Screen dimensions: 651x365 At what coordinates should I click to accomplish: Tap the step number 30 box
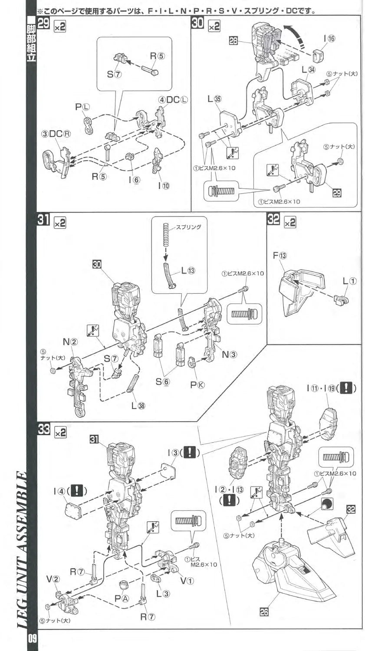coord(197,25)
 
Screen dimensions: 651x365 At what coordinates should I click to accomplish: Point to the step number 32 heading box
coord(273,220)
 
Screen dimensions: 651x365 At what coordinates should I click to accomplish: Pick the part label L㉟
coord(214,99)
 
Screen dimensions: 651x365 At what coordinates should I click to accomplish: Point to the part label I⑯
coord(329,39)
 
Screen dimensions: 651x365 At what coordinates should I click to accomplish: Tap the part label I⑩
coord(164,185)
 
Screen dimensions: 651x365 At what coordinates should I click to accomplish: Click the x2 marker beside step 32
coord(289,223)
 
